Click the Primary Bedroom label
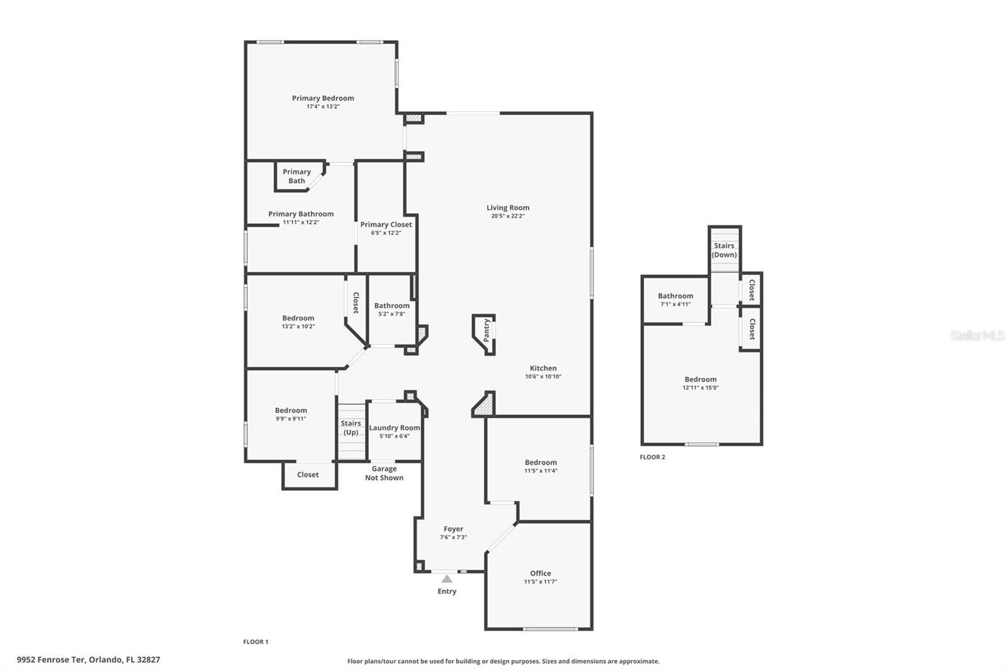323,98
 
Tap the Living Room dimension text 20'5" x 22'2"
508,216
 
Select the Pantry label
486,330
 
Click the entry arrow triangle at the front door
447,579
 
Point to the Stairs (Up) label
351,427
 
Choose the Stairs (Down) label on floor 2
724,250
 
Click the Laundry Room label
394,427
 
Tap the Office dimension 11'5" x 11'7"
541,582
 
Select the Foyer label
453,529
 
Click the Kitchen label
543,368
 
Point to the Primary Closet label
386,225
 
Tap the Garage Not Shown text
385,473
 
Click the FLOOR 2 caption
652,457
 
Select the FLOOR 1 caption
256,642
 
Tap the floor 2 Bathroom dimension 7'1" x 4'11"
675,304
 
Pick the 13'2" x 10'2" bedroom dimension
298,327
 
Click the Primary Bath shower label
296,176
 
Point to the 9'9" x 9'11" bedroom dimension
291,419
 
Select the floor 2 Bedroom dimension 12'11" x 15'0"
700,388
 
